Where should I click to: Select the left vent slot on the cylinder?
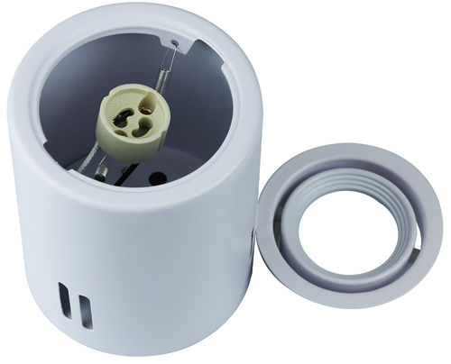pyautogui.click(x=62, y=305)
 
